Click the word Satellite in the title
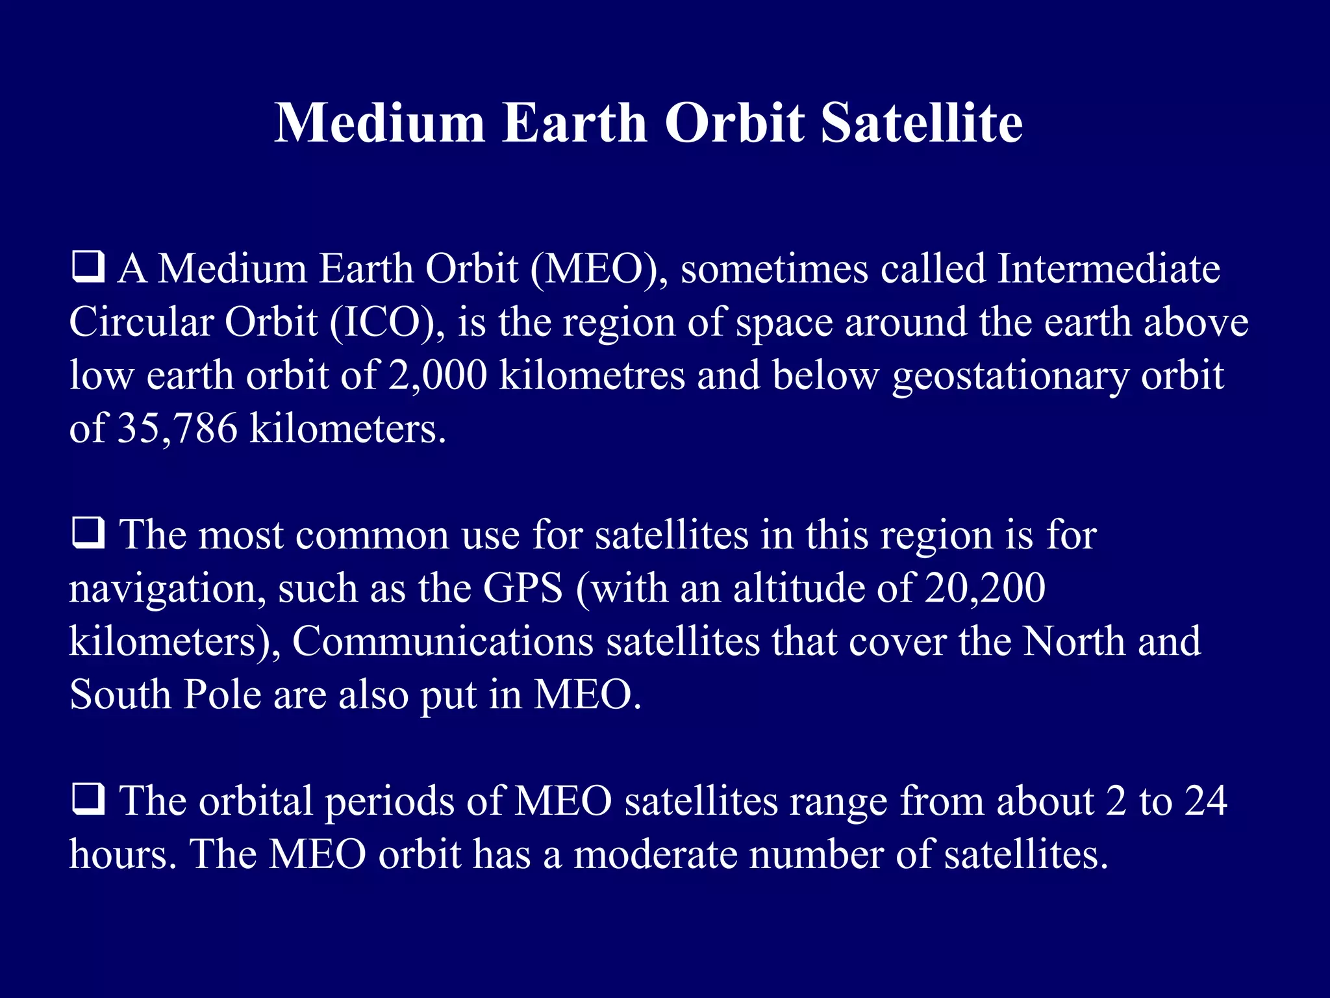(922, 123)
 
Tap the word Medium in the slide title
(379, 123)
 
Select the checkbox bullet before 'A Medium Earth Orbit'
(88, 268)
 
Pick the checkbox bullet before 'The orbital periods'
(88, 799)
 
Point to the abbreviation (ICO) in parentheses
(387, 322)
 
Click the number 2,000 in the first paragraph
(437, 376)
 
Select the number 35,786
(177, 429)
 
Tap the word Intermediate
(1109, 268)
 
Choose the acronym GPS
(523, 589)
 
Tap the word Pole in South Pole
(222, 695)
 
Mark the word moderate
(655, 854)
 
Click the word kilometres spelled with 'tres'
(592, 376)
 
